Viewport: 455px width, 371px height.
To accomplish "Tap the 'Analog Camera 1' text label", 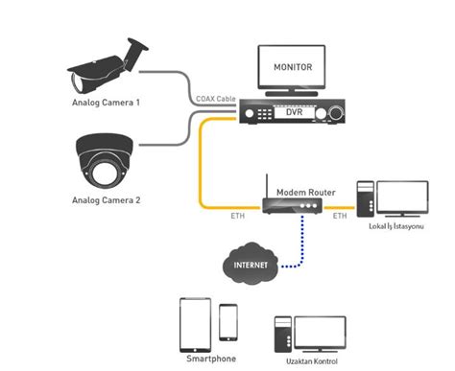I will [x=106, y=101].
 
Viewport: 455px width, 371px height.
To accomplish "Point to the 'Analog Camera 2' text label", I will [x=106, y=200].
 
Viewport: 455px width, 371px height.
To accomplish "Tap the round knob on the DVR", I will [x=336, y=113].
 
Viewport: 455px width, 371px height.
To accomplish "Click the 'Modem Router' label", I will [x=305, y=192].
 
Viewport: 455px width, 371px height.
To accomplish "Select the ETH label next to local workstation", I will [x=340, y=217].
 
